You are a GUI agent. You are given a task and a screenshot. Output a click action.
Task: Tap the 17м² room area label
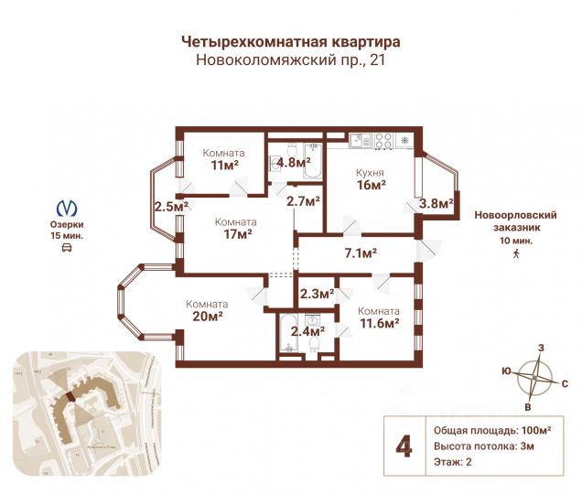tap(235, 234)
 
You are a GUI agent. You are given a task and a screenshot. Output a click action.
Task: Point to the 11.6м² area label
tap(377, 323)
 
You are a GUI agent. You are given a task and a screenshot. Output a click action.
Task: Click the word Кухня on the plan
tap(371, 172)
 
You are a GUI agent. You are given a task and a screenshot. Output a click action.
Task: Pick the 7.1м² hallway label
tap(361, 252)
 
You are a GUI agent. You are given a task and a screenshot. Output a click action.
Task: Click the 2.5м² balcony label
tap(170, 206)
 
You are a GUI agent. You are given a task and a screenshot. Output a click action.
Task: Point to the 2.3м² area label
tap(317, 294)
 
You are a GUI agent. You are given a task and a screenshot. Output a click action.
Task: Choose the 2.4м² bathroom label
tap(306, 332)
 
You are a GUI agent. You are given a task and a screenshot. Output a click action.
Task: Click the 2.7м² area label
tap(303, 200)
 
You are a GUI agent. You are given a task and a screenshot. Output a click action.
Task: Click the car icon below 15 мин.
tap(66, 248)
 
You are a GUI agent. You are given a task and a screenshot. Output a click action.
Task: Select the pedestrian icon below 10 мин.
tap(516, 252)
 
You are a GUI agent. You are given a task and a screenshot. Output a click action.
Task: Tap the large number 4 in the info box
tap(402, 446)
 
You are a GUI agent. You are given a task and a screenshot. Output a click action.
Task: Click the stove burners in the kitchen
tap(383, 140)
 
